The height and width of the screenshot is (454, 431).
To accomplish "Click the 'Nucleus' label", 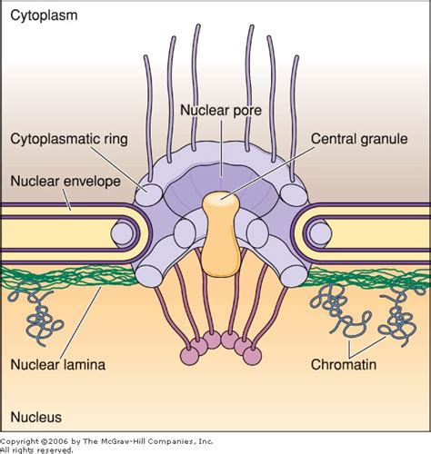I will click(x=36, y=418).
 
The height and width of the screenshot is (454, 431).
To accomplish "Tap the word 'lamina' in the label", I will click(x=85, y=365).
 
